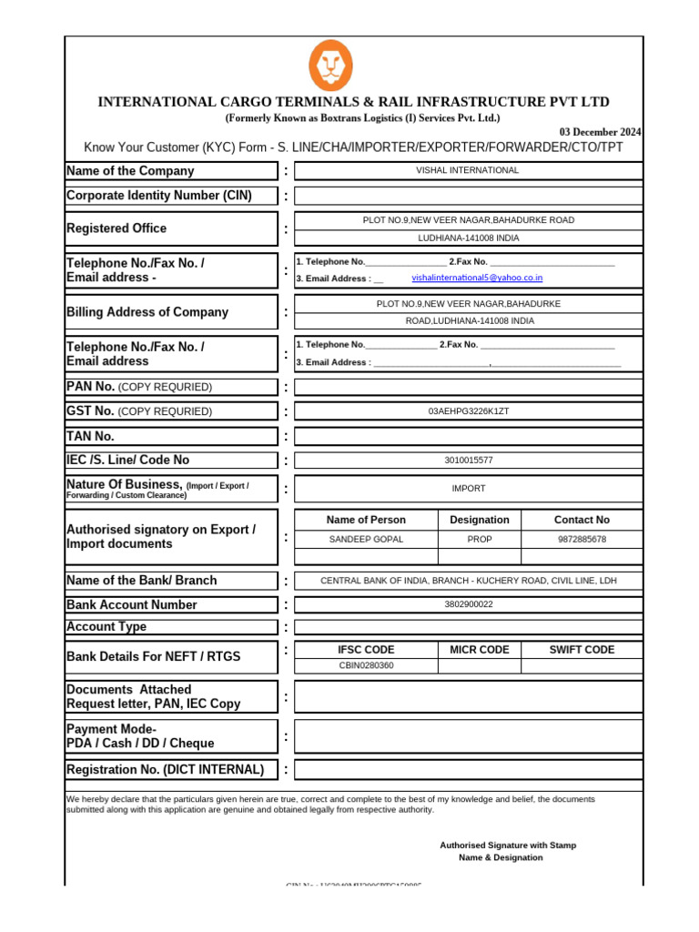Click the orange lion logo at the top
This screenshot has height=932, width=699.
click(330, 66)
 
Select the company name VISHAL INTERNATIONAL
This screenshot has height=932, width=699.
click(468, 170)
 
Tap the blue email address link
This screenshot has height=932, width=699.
click(477, 278)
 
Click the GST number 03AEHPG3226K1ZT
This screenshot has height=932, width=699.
click(468, 411)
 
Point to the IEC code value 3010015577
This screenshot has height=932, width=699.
click(468, 461)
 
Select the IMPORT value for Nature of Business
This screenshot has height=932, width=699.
click(468, 489)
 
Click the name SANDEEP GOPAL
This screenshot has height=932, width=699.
click(366, 539)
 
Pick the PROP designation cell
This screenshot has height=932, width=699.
click(480, 539)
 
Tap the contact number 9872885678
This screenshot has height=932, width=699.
click(582, 539)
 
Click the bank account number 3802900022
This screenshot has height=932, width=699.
click(468, 604)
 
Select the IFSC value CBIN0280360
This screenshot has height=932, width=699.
click(366, 665)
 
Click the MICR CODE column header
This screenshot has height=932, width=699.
click(480, 650)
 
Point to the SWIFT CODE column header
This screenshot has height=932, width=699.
click(582, 650)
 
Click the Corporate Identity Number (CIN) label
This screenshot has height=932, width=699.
click(159, 196)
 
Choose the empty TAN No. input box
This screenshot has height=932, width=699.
click(468, 436)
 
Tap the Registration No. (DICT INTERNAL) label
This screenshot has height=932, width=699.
click(166, 770)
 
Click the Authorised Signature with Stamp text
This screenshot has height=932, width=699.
click(507, 846)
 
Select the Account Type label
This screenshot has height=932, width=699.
click(106, 627)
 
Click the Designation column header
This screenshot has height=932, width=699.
click(480, 520)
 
